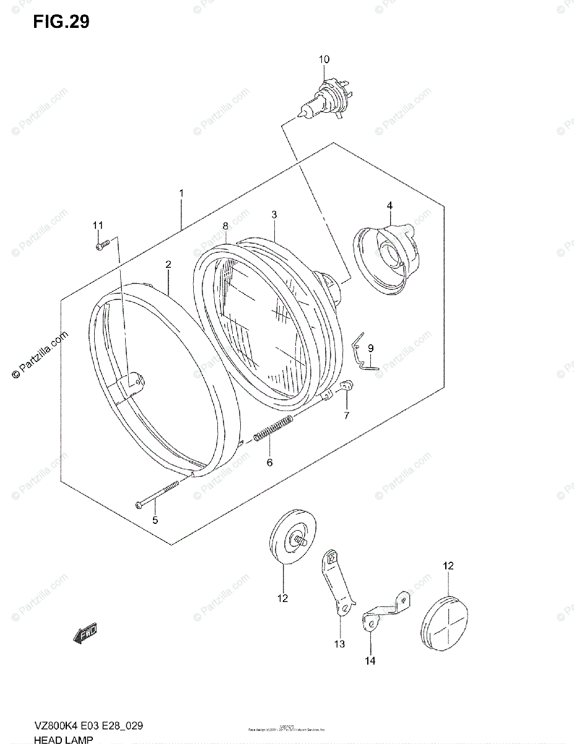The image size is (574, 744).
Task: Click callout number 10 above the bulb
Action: click(x=324, y=60)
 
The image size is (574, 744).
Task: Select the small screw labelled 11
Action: click(x=103, y=244)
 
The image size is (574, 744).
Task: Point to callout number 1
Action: click(x=181, y=193)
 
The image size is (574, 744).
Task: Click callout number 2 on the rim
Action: click(x=168, y=264)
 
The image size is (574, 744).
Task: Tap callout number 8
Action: click(x=225, y=225)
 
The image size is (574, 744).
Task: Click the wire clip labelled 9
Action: click(x=359, y=354)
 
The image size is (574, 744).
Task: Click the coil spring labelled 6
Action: click(x=272, y=429)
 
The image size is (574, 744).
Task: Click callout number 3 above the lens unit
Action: click(x=273, y=215)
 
